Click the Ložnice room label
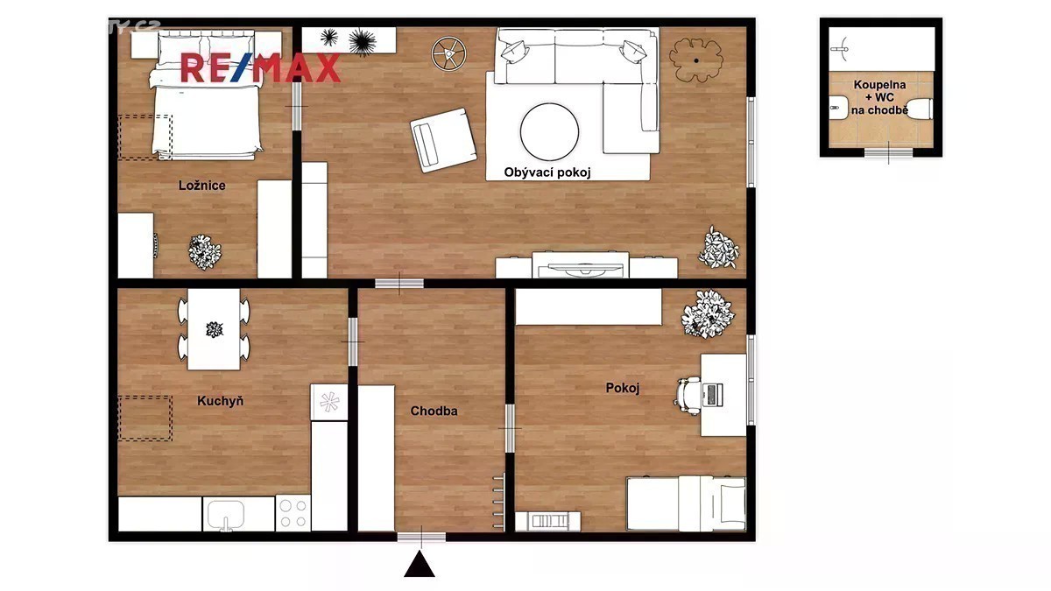[x=201, y=186]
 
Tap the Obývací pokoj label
[x=547, y=172]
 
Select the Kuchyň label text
[x=220, y=401]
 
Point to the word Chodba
[x=434, y=411]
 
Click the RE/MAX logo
[x=260, y=68]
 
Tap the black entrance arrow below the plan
[x=420, y=564]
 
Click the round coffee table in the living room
[x=549, y=132]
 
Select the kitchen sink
[x=226, y=515]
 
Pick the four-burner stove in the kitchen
[x=293, y=513]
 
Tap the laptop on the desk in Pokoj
[x=712, y=395]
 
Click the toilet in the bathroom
[x=919, y=109]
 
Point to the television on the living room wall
[x=581, y=271]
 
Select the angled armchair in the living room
[x=443, y=140]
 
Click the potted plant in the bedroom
[x=205, y=252]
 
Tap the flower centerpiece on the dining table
[x=215, y=330]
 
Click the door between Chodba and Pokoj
[x=510, y=429]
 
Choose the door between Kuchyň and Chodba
[x=353, y=342]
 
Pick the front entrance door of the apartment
[x=421, y=537]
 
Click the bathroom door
[x=889, y=153]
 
